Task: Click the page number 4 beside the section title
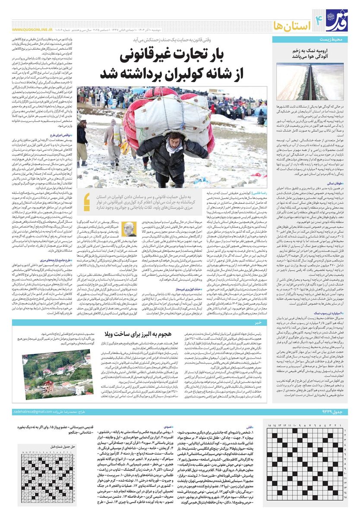click(319, 19)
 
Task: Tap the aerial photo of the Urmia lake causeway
click(310, 81)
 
